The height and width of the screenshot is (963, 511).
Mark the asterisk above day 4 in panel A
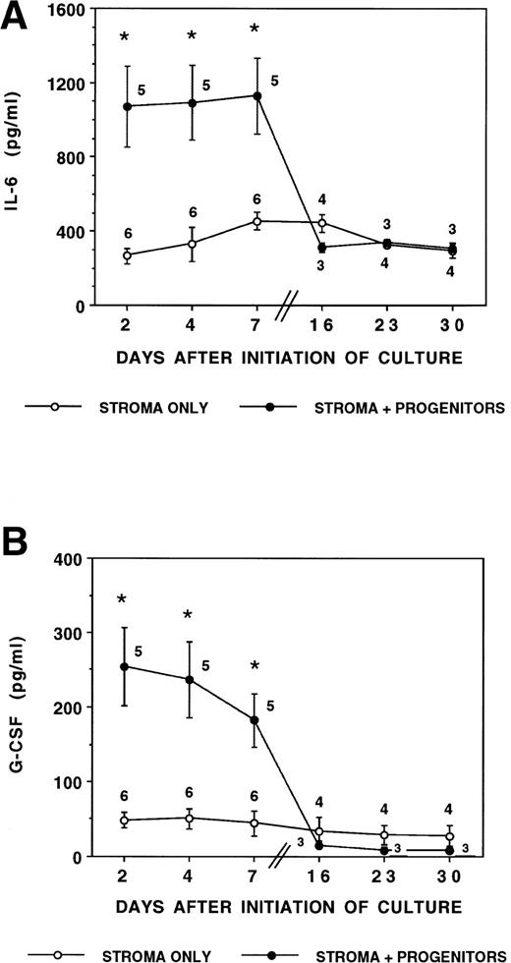[x=191, y=36]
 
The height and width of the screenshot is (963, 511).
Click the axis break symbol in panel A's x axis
[x=291, y=308]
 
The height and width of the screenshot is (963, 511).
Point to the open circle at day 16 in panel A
[x=321, y=223]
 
